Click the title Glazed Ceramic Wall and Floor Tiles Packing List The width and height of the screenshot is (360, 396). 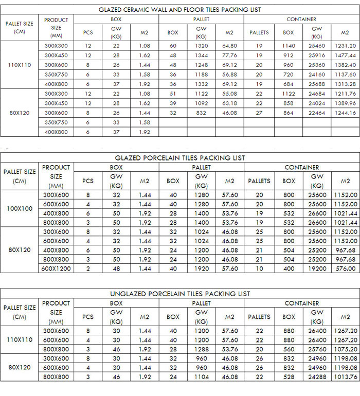pos(179,9)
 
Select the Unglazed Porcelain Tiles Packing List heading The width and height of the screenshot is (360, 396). pos(180,294)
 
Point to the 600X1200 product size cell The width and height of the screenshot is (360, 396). pos(56,268)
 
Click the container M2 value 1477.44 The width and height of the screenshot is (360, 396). pos(345,55)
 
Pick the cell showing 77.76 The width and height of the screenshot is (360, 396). pos(229,55)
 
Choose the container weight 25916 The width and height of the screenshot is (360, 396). pos(317,55)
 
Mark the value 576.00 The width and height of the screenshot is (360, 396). pos(345,268)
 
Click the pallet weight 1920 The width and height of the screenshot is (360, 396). pos(201,268)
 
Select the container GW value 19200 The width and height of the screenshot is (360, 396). pos(317,268)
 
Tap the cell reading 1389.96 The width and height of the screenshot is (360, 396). pos(345,103)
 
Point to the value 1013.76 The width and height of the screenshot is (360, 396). pos(345,377)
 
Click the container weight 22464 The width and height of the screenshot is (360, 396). pos(317,113)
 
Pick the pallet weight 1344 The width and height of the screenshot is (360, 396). pos(201,55)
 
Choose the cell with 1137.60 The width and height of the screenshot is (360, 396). pos(345,74)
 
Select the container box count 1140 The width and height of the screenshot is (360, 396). pos(289,46)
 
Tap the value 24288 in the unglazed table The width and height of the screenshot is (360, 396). pos(317,377)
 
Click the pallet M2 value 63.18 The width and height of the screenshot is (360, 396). pos(229,103)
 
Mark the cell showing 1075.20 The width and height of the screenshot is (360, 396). pos(345,349)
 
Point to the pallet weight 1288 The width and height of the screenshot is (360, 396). pos(201,349)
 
